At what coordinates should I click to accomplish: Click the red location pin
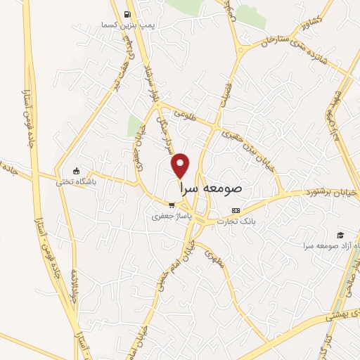click(x=181, y=165)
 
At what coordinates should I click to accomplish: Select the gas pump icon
click(x=127, y=15)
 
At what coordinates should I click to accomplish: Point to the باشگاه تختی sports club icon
click(x=77, y=170)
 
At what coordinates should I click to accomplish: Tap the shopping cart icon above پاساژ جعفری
click(x=171, y=205)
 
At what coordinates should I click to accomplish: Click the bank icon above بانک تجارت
click(x=236, y=210)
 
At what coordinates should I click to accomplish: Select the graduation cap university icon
click(x=341, y=234)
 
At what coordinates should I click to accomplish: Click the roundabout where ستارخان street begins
click(x=241, y=50)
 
